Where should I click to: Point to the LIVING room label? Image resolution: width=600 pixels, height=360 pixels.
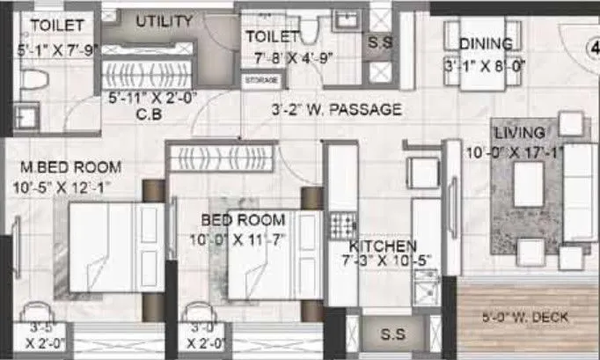click(x=519, y=133)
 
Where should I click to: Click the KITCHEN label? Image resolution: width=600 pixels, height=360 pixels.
click(x=383, y=246)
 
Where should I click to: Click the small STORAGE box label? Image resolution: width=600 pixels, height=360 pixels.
click(x=263, y=81)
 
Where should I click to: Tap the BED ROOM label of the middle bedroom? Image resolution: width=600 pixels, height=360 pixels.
click(x=243, y=220)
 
